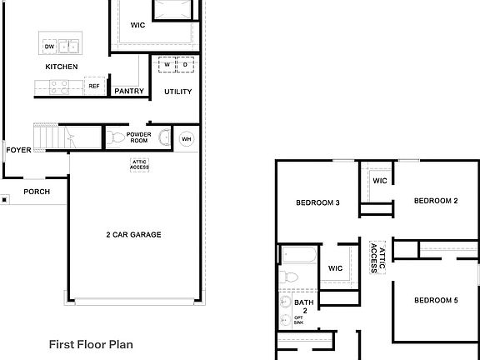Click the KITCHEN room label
pos(62,67)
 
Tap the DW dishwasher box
pos(48,47)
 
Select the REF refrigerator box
pos(93,86)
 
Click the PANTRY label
pos(129,92)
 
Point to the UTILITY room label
pos(177,92)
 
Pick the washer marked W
pos(167,65)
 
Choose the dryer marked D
pos(185,65)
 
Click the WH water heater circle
pos(186,138)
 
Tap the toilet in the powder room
pos(117,137)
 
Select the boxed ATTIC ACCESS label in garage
pos(139,165)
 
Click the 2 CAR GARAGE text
pos(133,235)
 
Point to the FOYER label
pos(18,151)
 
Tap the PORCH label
pos(37,192)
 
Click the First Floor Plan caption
pos(91,343)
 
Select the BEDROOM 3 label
pos(317,202)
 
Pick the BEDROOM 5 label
pos(436,300)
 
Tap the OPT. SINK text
pos(298,321)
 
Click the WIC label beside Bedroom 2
pos(379,181)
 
